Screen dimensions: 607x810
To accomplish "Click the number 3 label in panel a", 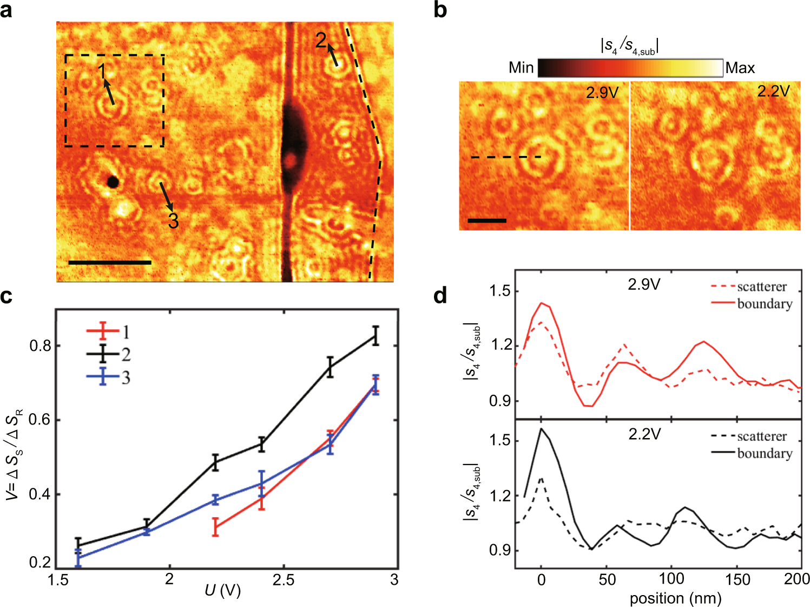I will [x=173, y=220].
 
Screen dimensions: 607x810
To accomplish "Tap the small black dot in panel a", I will [x=113, y=182].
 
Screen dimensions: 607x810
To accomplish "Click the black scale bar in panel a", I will [x=110, y=263].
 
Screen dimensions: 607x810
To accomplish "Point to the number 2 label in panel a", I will [x=321, y=40].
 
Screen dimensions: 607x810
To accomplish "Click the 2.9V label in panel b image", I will [x=602, y=93].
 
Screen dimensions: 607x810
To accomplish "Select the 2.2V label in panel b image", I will [x=773, y=92].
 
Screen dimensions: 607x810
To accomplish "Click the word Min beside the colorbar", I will [x=521, y=68].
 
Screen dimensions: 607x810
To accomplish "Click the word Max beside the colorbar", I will [x=740, y=68].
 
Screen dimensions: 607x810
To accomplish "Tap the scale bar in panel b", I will [x=487, y=220].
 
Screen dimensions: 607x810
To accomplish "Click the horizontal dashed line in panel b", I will [x=505, y=157].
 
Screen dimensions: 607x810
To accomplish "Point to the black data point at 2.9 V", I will [x=376, y=336].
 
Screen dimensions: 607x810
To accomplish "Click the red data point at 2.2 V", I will [x=215, y=527].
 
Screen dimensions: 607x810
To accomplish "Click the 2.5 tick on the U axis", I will [x=283, y=580].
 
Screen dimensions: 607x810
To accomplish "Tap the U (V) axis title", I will [x=223, y=590].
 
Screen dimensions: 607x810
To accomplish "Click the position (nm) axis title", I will [x=675, y=598].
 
